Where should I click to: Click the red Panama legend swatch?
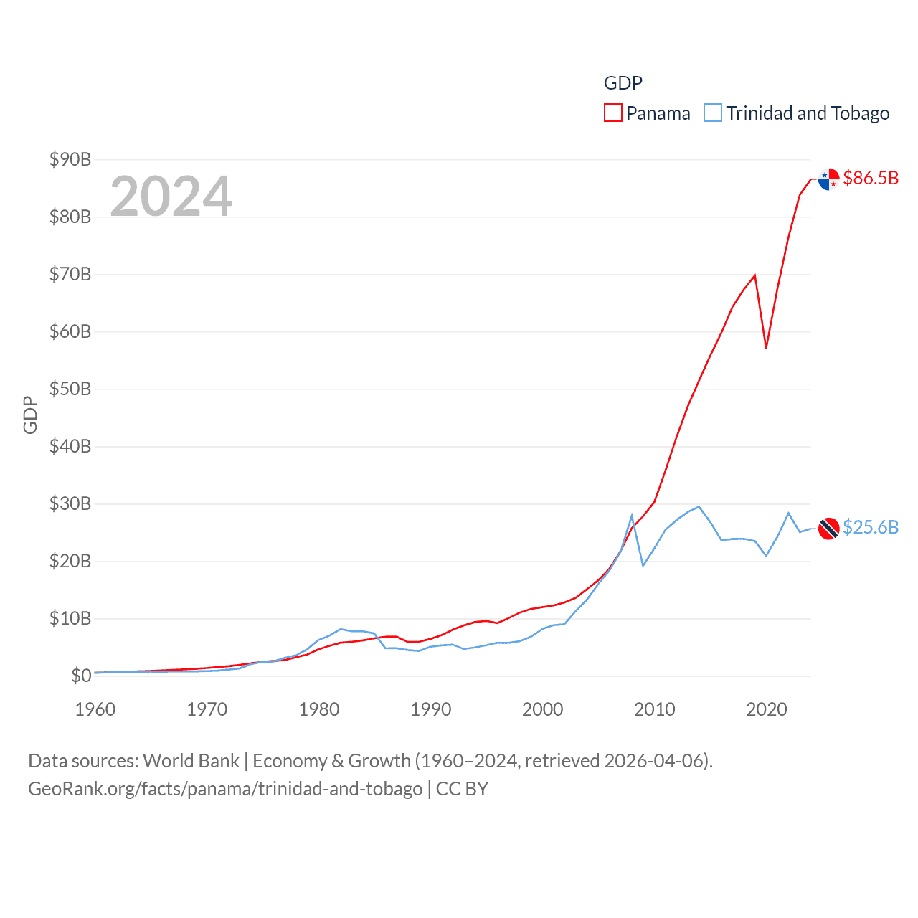point(613,113)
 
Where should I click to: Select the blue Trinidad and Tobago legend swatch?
point(712,113)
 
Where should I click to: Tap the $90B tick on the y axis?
point(70,159)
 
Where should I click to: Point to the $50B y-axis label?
point(70,389)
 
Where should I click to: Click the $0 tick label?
point(81,676)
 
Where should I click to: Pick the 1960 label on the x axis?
point(95,709)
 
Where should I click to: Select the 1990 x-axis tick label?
point(431,709)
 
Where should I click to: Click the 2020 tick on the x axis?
point(767,709)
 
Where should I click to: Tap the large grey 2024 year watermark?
point(171,196)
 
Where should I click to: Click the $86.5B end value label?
point(871,178)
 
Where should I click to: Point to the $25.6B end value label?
point(871,527)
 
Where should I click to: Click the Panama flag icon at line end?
point(828,179)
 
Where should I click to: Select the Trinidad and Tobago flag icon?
point(828,528)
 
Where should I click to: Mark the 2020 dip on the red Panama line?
point(766,348)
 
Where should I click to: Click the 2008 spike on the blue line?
point(632,516)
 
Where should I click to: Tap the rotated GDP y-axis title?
point(30,415)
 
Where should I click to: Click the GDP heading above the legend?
point(623,83)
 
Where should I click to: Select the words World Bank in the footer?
point(191,760)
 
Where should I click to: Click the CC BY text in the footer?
point(462,789)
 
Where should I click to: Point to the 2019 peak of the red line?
point(754,275)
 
